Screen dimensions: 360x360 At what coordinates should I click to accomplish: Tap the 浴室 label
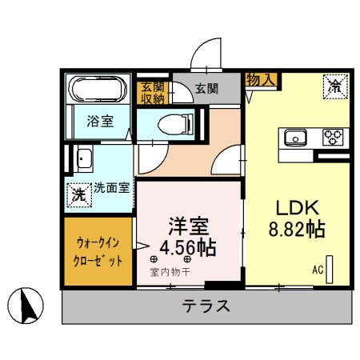tap(100, 122)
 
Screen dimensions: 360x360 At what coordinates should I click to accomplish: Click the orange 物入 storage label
tap(261, 80)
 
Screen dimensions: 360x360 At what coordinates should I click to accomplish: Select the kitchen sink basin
tap(295, 138)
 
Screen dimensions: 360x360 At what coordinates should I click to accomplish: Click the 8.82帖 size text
tap(296, 230)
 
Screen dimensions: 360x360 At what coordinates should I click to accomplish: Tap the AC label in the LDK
tap(318, 269)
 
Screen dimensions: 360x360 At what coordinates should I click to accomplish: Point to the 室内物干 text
tap(170, 272)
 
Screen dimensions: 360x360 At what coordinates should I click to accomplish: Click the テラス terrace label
tap(206, 306)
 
